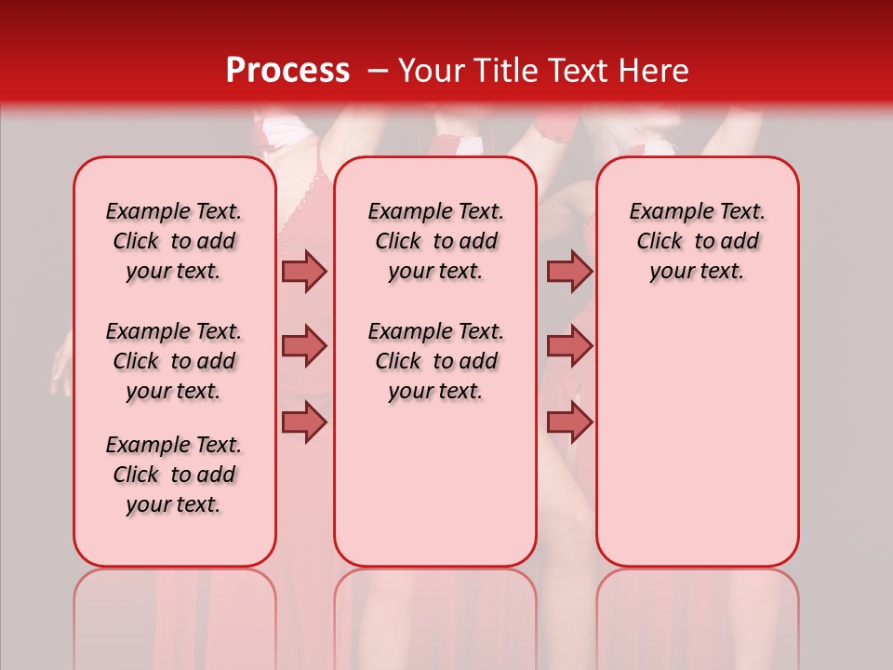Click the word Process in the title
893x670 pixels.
tap(287, 71)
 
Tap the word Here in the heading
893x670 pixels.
tap(655, 71)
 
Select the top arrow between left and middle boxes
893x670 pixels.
tap(304, 271)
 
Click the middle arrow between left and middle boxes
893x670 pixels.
tap(304, 346)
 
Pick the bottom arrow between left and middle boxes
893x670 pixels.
tap(304, 422)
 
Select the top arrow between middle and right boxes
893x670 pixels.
tap(569, 271)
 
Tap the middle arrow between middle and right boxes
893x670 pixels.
tap(569, 346)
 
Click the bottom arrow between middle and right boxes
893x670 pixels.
tap(569, 422)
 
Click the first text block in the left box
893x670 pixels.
tap(174, 241)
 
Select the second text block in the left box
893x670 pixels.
tap(174, 361)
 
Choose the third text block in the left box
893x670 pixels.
tap(174, 475)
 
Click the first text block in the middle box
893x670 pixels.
tap(435, 241)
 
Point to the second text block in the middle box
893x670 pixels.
tap(435, 361)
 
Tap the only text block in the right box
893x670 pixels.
tap(697, 241)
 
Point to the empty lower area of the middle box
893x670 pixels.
tap(435, 484)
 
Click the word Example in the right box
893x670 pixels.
tap(662, 212)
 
